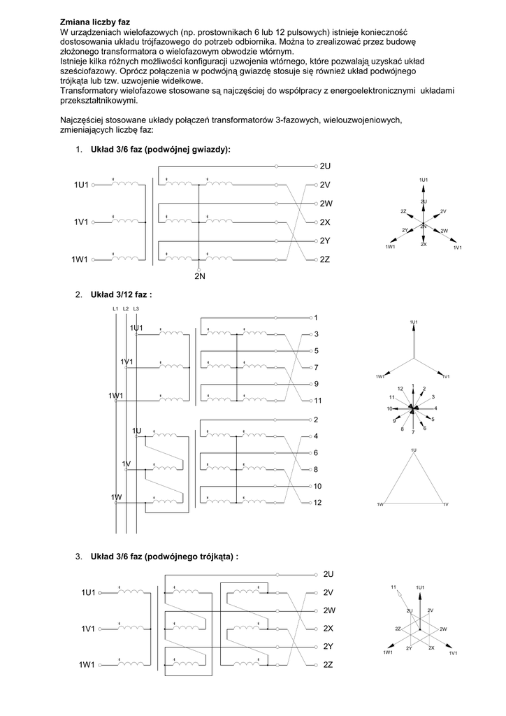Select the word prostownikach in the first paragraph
[x=222, y=32]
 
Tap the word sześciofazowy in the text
[x=91, y=71]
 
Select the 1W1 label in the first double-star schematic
[x=80, y=259]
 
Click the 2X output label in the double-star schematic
[x=325, y=222]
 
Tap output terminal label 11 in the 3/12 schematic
[x=318, y=401]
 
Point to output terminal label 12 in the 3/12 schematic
[x=318, y=503]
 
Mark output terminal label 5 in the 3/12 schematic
[x=317, y=351]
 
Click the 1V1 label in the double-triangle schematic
[x=87, y=630]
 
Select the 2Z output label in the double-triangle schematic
[x=328, y=665]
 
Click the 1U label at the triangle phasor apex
[x=414, y=450]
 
